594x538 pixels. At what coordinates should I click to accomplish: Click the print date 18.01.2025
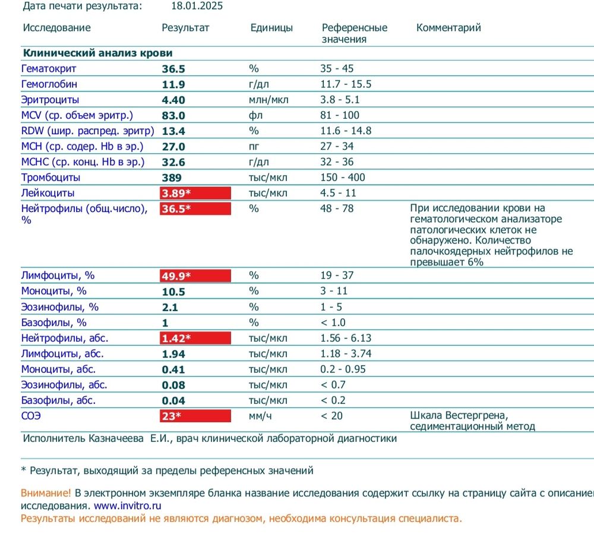tap(197, 7)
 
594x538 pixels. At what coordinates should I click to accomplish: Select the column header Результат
tap(185, 28)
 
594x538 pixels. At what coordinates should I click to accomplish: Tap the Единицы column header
tap(271, 28)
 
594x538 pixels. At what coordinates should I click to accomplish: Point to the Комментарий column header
tap(448, 28)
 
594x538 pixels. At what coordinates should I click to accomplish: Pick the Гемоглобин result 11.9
tap(173, 84)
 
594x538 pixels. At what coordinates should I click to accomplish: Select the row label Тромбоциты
tap(50, 178)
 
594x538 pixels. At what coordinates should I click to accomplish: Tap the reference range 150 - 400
tap(343, 178)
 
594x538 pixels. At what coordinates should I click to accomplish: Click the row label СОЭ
tap(31, 416)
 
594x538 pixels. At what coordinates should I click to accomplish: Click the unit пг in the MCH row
tap(254, 147)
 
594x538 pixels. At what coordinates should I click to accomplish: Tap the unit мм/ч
tap(260, 416)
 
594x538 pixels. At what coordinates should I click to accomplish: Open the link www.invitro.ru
tap(127, 506)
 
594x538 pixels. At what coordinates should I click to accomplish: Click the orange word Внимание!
tap(46, 493)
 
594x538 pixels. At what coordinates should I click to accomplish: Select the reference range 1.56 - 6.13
tap(346, 338)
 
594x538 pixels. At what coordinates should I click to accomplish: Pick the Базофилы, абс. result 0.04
tap(173, 401)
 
